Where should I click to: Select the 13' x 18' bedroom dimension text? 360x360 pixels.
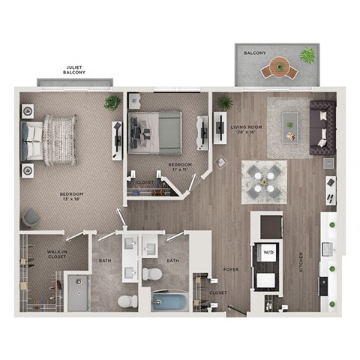71,198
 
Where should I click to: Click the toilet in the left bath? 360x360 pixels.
127,301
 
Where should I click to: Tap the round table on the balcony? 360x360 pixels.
279,69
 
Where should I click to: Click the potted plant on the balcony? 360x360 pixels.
307,55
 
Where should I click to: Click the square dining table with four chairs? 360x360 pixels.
264,180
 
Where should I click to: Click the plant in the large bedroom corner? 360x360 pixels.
113,102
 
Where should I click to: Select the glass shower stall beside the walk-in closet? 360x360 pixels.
78,292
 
